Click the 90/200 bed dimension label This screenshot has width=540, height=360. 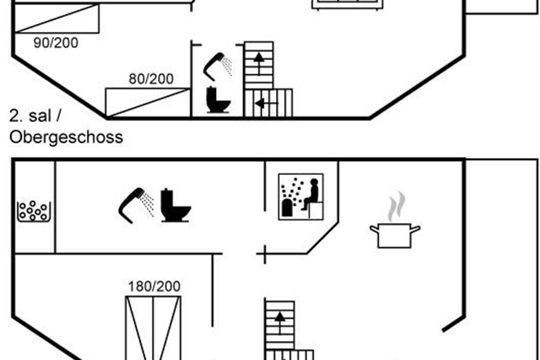click(x=56, y=43)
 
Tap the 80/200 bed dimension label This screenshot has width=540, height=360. click(x=151, y=79)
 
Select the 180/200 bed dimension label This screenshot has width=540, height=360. click(x=154, y=287)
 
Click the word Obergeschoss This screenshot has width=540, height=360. click(x=66, y=138)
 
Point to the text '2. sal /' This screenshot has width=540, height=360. click(x=35, y=116)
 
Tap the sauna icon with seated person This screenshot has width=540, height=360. click(x=301, y=197)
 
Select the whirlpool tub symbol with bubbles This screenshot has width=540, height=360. click(x=34, y=211)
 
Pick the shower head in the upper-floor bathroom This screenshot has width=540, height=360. click(x=217, y=66)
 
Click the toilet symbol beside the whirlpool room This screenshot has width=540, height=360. click(x=176, y=205)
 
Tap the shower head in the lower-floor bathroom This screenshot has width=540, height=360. click(x=136, y=206)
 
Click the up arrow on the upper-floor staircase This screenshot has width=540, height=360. click(x=259, y=63)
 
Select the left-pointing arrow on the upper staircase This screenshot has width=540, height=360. click(x=266, y=103)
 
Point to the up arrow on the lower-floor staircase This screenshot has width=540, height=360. click(x=279, y=323)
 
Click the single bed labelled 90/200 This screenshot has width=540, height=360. click(x=57, y=18)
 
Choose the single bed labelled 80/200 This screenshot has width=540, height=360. click(x=148, y=103)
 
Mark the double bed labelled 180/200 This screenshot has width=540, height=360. click(x=153, y=328)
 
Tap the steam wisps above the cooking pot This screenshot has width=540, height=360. click(x=396, y=206)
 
